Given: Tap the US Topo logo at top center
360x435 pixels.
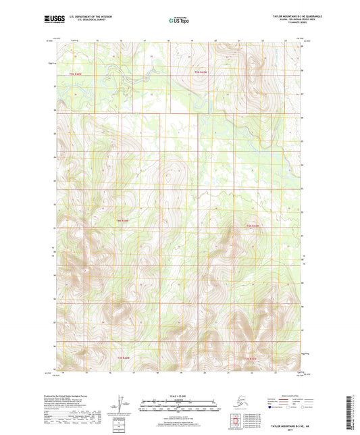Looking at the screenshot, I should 179,21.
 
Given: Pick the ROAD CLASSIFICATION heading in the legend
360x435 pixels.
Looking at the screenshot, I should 284,395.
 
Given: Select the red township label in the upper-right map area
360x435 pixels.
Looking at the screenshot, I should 200,72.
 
